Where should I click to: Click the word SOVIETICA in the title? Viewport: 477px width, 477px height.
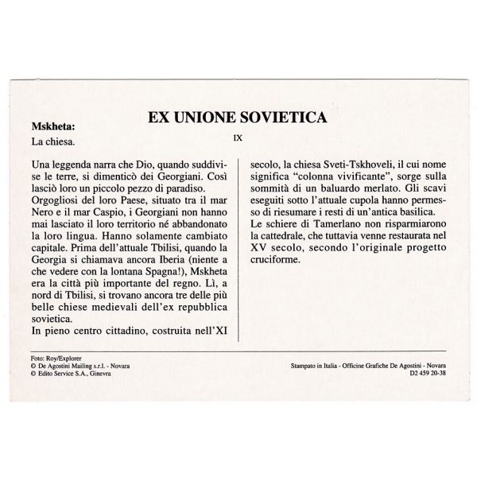click(281, 118)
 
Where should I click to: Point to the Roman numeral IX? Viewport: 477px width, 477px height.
click(238, 138)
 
